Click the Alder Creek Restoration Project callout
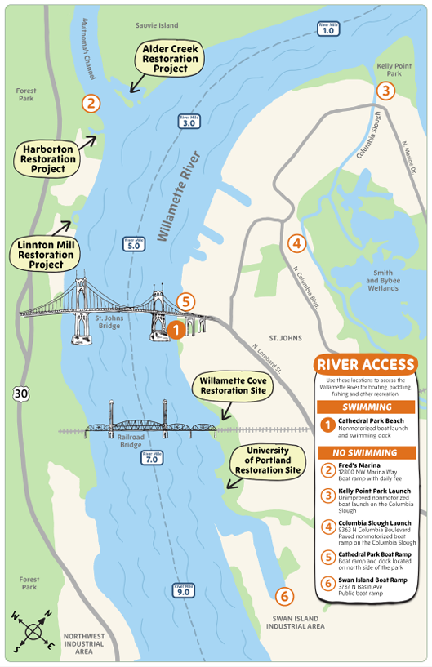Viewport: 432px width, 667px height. pos(170,59)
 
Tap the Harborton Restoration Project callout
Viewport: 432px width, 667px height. pos(49,158)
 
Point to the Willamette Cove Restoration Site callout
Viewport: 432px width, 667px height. pos(233,385)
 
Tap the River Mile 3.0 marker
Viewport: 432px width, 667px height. pos(188,122)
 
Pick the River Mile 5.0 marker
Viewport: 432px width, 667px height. pos(133,242)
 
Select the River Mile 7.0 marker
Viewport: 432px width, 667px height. pos(152,458)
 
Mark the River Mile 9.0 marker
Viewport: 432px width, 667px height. pos(182,589)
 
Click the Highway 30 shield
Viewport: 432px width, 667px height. pos(20,394)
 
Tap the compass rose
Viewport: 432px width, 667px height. pos(33,630)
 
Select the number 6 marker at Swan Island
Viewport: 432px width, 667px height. pos(283,595)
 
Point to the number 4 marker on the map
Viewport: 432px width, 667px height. pos(296,242)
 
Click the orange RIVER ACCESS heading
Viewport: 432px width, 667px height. pos(365,364)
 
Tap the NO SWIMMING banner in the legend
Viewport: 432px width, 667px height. pos(365,451)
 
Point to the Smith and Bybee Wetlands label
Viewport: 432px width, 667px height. pos(383,281)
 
